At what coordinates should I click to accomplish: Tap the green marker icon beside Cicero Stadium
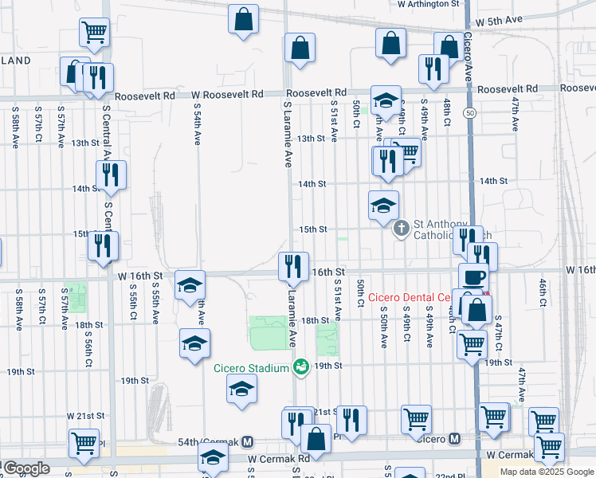click(300, 367)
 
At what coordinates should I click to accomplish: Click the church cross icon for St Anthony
click(402, 229)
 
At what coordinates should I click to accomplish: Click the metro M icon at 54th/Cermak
click(248, 441)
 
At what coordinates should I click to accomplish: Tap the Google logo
click(25, 468)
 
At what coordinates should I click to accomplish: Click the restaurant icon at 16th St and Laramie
click(293, 266)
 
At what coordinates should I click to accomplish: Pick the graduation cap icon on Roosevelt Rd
click(385, 100)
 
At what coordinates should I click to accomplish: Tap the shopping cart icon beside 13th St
click(406, 152)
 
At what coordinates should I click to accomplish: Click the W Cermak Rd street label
click(278, 459)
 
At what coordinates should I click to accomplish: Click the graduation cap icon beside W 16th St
click(190, 284)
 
